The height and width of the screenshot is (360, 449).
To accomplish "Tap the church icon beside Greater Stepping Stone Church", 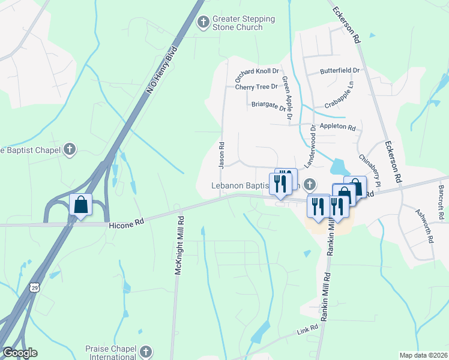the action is pyautogui.click(x=203, y=23).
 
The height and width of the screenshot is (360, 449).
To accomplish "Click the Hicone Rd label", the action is pyautogui.click(x=127, y=225).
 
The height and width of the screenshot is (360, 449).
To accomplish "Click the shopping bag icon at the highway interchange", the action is pyautogui.click(x=80, y=205).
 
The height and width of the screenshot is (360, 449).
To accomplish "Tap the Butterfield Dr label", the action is pyautogui.click(x=339, y=70).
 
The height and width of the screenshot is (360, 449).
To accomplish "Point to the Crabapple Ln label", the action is pyautogui.click(x=340, y=95).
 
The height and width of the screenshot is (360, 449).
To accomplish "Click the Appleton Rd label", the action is pyautogui.click(x=337, y=128).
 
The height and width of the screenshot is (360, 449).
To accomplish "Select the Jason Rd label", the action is pyautogui.click(x=221, y=154).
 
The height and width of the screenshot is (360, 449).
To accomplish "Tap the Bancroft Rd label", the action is pyautogui.click(x=441, y=196).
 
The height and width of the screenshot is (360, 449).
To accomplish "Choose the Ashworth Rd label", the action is pyautogui.click(x=424, y=225).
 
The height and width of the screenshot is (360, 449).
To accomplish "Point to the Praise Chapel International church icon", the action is pyautogui.click(x=145, y=352).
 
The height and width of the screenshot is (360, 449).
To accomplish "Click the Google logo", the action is pyautogui.click(x=20, y=353).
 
